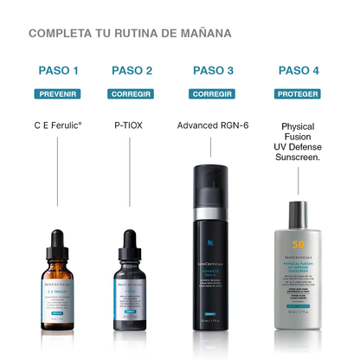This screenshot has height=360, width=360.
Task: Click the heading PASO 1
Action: pos(58,71)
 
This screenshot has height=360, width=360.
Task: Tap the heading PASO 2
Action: pos(132,71)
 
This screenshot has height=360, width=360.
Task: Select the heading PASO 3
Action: pos(213,71)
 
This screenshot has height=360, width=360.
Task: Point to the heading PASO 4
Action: pos(299,71)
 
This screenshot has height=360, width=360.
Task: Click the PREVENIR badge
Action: pos(58,93)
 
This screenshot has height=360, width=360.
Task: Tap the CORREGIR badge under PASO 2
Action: pos(132,93)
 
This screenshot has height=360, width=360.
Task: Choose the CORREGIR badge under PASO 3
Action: pos(213,93)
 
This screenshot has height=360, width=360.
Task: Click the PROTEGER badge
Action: pos(299,93)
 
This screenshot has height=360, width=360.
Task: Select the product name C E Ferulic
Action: pos(58,125)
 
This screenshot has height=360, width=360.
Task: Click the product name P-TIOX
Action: pos(132,125)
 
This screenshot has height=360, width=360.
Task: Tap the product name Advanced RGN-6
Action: pos(213,125)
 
